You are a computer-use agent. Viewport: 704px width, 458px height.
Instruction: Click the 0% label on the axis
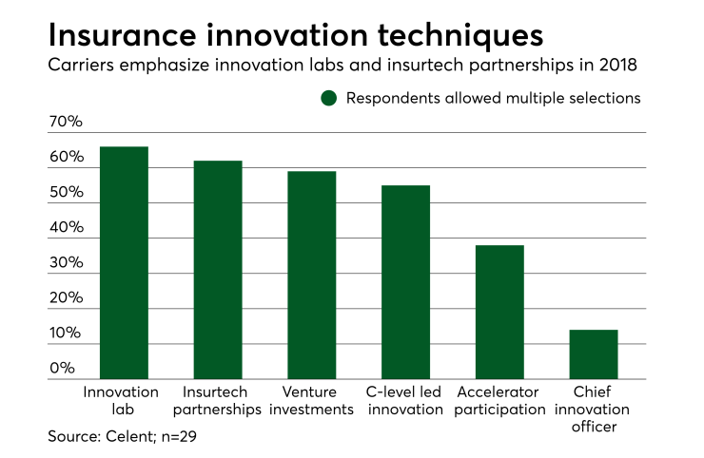pyautogui.click(x=62, y=369)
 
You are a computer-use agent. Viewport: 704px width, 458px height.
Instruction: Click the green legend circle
pyautogui.click(x=329, y=98)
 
